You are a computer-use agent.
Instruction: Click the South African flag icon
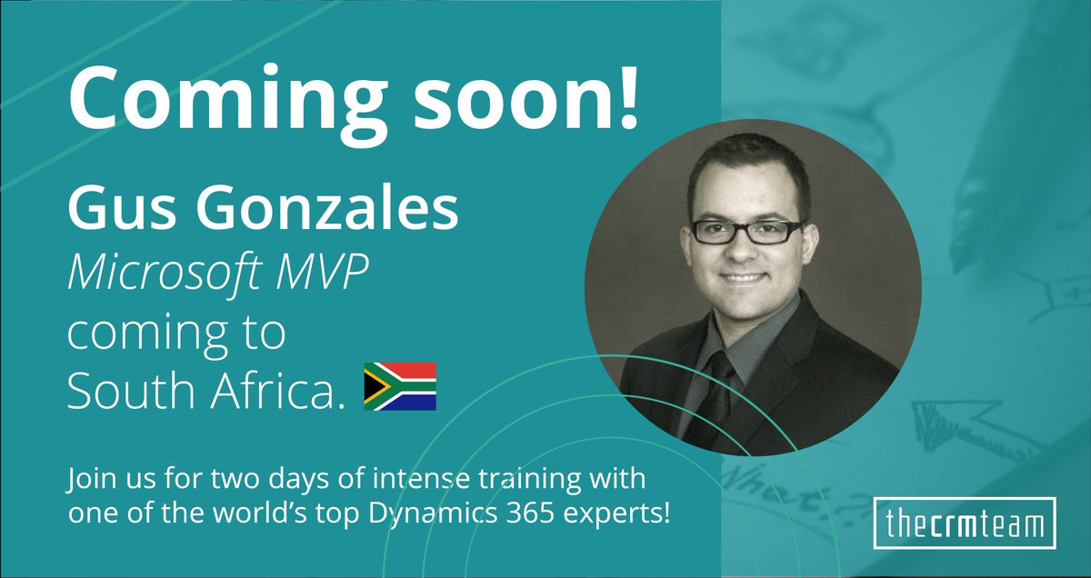pyautogui.click(x=400, y=385)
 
